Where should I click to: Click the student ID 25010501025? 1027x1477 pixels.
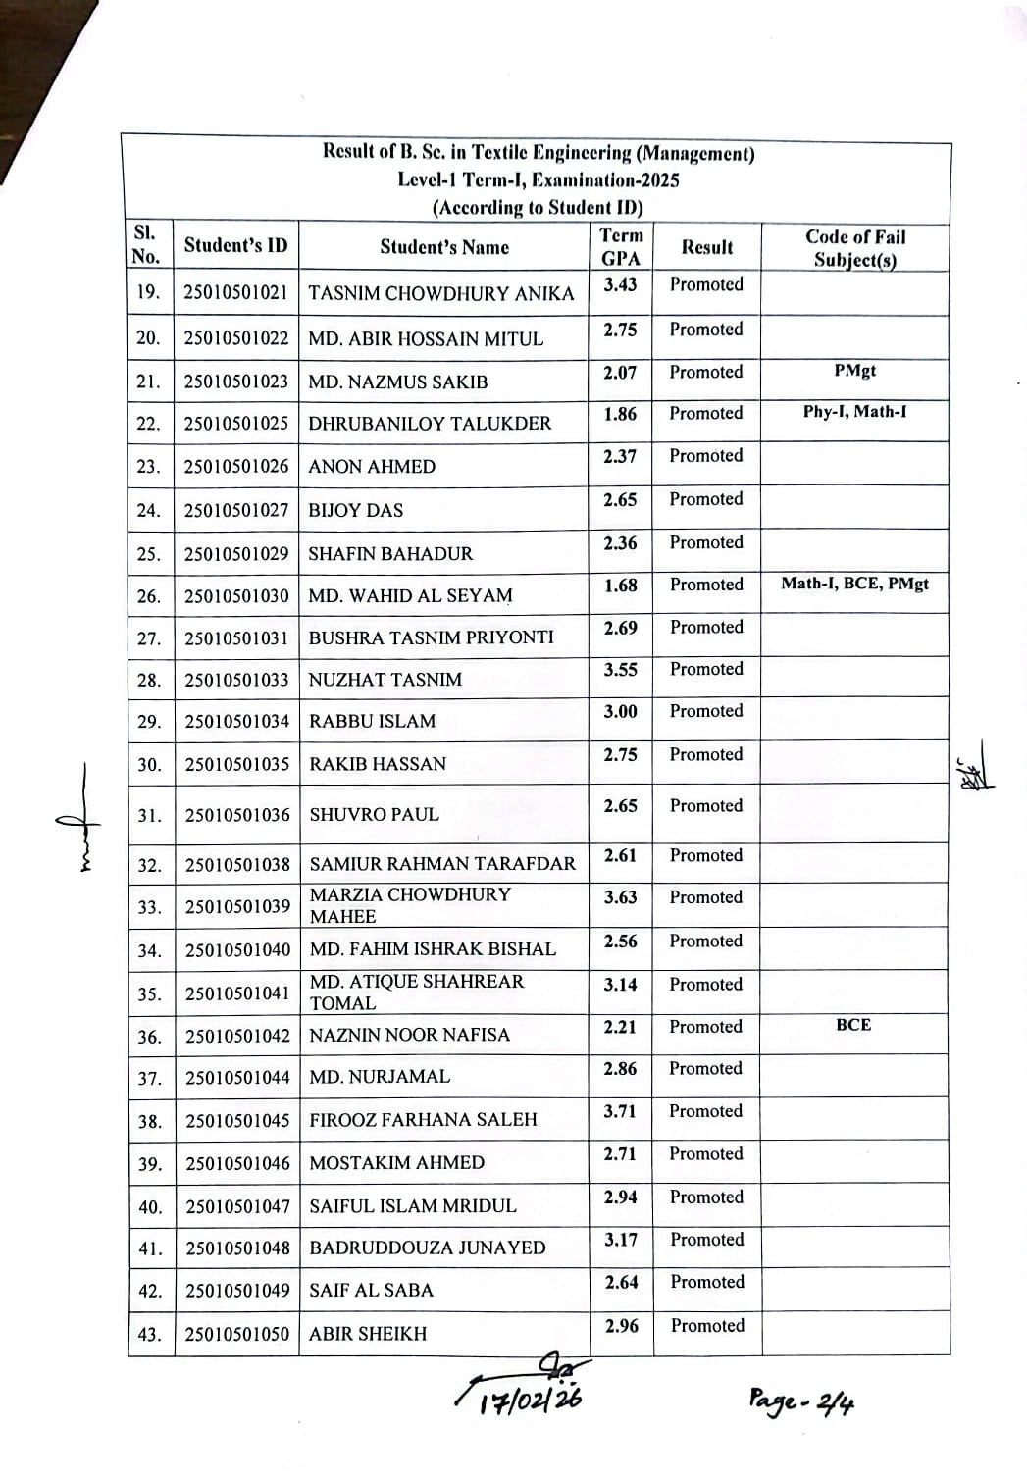[x=236, y=424]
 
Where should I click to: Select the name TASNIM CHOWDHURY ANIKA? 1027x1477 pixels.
[x=440, y=294]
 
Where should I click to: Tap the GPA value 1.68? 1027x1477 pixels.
[x=620, y=586]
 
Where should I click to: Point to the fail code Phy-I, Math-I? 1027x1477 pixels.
[x=854, y=412]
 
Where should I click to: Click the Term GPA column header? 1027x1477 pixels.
[x=621, y=247]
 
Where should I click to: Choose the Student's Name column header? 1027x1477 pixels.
[x=444, y=247]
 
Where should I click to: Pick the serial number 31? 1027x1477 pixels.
[x=149, y=815]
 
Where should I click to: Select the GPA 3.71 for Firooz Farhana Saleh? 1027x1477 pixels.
[x=620, y=1111]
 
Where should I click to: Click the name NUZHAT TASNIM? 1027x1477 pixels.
[x=385, y=680]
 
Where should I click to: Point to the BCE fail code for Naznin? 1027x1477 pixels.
[x=853, y=1025]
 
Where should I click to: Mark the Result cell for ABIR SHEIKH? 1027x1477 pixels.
[x=707, y=1326]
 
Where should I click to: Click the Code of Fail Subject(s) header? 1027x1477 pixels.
[x=855, y=248]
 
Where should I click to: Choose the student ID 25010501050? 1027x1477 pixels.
[x=237, y=1334]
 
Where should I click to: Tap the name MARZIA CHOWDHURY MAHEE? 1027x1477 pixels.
[x=410, y=905]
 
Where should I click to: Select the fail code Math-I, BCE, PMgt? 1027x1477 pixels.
[x=854, y=584]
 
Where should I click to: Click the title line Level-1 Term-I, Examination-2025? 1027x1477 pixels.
[x=539, y=180]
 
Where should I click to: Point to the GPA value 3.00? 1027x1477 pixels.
[x=620, y=711]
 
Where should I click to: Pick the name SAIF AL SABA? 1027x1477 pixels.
[x=371, y=1291]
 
